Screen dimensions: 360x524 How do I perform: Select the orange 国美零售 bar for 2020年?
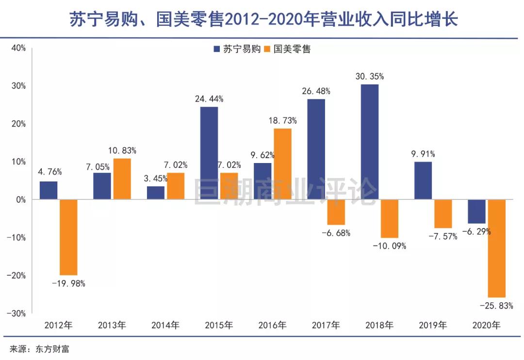point(497,248)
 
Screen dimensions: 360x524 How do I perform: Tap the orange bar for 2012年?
point(68,237)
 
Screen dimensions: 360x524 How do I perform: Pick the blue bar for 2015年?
point(209,153)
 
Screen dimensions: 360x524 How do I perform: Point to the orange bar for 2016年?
point(282,164)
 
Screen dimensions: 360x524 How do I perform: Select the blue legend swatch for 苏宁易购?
point(216,49)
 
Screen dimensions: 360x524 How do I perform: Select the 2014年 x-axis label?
point(165,325)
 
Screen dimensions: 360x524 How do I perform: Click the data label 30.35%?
point(369,76)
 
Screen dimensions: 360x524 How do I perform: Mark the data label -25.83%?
point(496,306)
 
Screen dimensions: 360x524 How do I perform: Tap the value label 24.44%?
point(209,99)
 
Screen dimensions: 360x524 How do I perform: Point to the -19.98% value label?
point(68,284)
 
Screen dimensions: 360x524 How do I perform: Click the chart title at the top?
point(262,20)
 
